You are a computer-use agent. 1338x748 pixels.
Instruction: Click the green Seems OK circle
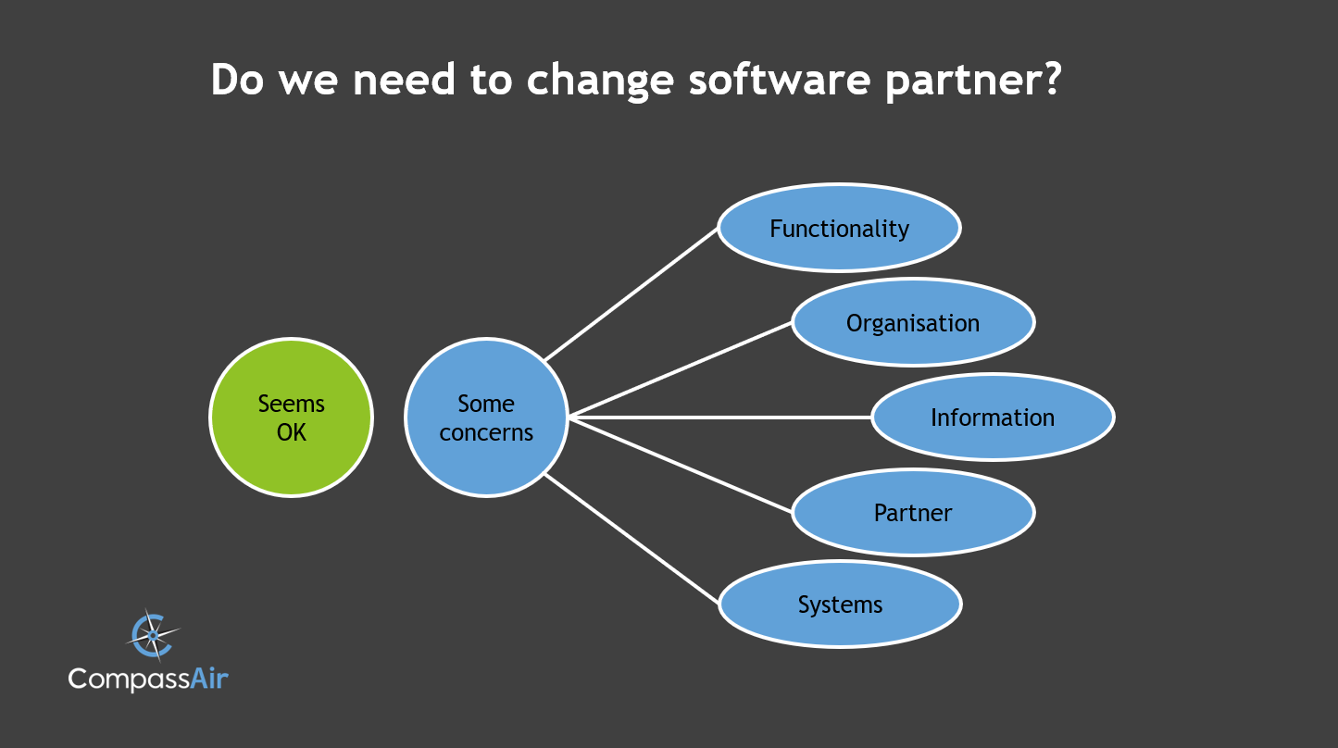click(x=291, y=418)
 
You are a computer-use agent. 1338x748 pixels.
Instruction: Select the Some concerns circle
click(x=486, y=418)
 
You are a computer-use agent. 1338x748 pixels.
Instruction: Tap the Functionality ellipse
click(x=839, y=228)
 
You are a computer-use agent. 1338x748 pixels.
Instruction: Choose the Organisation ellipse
click(x=912, y=322)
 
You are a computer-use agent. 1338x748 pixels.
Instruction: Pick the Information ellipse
click(x=992, y=418)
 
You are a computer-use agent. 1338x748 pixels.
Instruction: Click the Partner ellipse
click(x=912, y=512)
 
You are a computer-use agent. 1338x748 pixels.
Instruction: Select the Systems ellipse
click(x=840, y=604)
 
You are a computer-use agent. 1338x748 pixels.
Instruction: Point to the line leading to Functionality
click(x=631, y=293)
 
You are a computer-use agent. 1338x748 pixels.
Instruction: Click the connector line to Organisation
click(x=681, y=369)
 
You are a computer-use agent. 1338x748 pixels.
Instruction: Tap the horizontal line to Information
click(x=720, y=418)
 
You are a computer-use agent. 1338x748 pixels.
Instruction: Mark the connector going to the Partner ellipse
click(x=681, y=465)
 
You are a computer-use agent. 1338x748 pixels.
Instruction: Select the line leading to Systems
click(x=631, y=539)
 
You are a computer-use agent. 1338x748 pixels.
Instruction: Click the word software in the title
click(x=780, y=80)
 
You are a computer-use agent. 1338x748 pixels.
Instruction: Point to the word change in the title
click(x=601, y=81)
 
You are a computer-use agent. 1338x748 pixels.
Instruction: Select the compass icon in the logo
click(x=151, y=635)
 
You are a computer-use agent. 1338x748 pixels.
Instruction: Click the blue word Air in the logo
click(x=209, y=679)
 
